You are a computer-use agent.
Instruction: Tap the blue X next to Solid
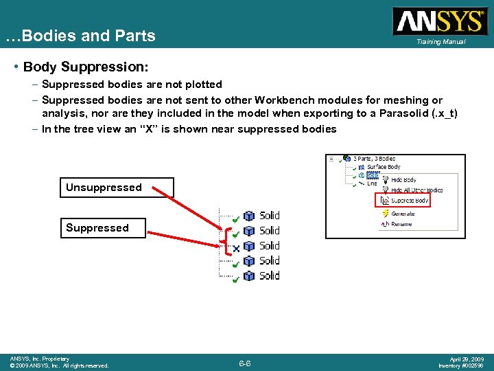point(235,247)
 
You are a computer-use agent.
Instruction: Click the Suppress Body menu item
point(410,201)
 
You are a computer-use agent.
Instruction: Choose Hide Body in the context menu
point(403,180)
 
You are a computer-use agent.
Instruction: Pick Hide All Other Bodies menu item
point(416,190)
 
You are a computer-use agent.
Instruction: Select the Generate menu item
point(403,214)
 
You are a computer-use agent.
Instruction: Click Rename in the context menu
point(401,224)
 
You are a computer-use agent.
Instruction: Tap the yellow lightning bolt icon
point(386,214)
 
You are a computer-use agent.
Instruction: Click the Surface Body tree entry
point(384,167)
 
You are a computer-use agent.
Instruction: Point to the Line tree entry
point(372,183)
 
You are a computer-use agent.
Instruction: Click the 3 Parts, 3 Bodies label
point(374,159)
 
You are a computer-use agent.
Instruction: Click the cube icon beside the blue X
point(250,246)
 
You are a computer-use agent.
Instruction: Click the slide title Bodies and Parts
point(80,36)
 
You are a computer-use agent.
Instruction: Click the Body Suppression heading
point(86,67)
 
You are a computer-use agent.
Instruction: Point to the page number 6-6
point(244,362)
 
